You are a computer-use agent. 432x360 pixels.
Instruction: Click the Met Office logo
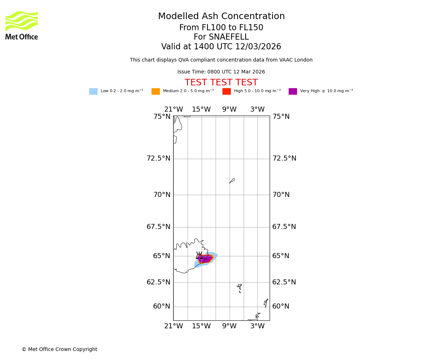pos(22,25)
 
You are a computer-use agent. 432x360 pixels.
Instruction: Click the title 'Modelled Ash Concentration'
pos(221,17)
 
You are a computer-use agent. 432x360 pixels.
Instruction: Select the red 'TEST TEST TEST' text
pos(221,82)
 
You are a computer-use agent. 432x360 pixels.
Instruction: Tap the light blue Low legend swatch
pos(93,91)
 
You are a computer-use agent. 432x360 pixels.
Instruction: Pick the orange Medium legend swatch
pos(156,91)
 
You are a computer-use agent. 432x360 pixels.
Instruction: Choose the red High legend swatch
pos(226,91)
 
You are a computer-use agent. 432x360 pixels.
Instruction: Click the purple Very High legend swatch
pos(293,91)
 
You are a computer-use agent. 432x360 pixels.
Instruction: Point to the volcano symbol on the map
pos(199,256)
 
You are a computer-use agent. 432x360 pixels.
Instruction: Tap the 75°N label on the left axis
pos(162,117)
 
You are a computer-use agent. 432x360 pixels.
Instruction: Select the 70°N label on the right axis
pos(281,195)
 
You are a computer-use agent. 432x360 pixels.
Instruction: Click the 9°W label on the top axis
pos(229,109)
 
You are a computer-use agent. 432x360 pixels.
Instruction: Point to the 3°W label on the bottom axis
pos(257,326)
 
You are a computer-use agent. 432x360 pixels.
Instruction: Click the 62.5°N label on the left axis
pos(158,282)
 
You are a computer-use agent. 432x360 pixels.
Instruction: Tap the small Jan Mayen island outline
pos(232,181)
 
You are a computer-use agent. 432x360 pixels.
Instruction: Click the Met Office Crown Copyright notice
pos(59,349)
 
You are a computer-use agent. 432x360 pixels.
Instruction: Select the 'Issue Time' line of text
pos(221,72)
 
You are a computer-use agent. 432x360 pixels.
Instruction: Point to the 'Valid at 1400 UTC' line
pos(221,47)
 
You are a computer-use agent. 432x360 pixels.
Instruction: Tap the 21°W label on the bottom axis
pos(174,326)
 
